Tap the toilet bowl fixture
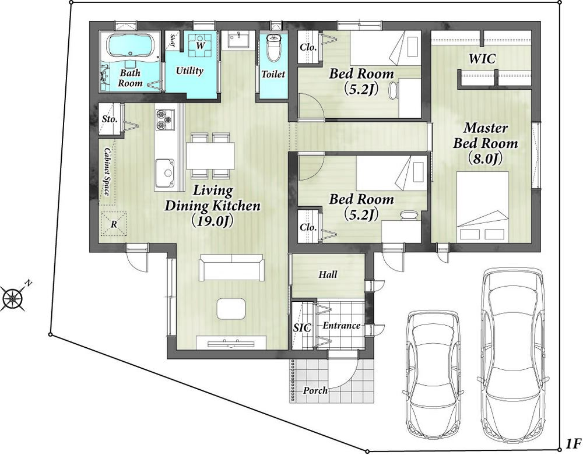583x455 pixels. pyautogui.click(x=273, y=48)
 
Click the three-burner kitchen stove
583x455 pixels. pyautogui.click(x=165, y=119)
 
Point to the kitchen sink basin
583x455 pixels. pyautogui.click(x=165, y=172)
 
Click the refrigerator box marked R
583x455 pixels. pyautogui.click(x=114, y=224)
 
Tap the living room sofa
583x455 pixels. pyautogui.click(x=231, y=267)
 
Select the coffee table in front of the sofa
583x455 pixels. pyautogui.click(x=231, y=308)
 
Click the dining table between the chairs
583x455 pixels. pyautogui.click(x=210, y=156)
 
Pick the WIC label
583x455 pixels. pyautogui.click(x=482, y=59)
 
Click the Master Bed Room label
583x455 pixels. pyautogui.click(x=485, y=143)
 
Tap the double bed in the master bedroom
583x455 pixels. pyautogui.click(x=482, y=206)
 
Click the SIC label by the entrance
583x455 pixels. pyautogui.click(x=302, y=327)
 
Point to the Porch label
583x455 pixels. pyautogui.click(x=315, y=390)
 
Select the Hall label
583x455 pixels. pyautogui.click(x=328, y=274)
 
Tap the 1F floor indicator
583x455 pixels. pyautogui.click(x=573, y=443)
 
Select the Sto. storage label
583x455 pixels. pyautogui.click(x=110, y=119)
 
